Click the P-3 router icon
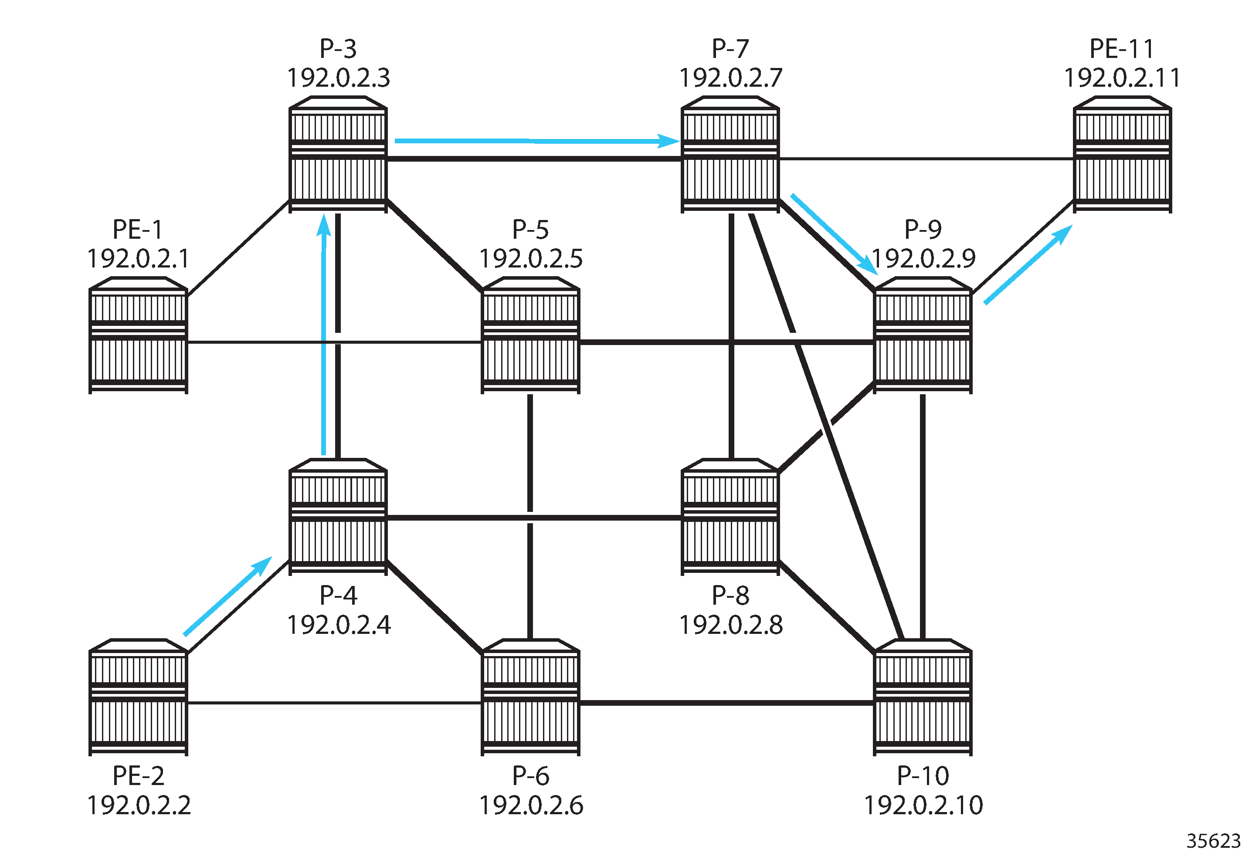tap(338, 155)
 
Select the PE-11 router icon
tap(1122, 155)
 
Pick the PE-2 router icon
tap(138, 697)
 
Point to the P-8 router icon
tap(730, 517)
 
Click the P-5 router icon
tap(530, 335)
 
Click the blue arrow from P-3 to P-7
tap(535, 141)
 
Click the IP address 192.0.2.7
tap(730, 78)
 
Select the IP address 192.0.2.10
tap(923, 805)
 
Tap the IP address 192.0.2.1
tap(138, 259)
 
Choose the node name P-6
tap(530, 775)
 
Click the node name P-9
tap(923, 229)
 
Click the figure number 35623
tap(1213, 841)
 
